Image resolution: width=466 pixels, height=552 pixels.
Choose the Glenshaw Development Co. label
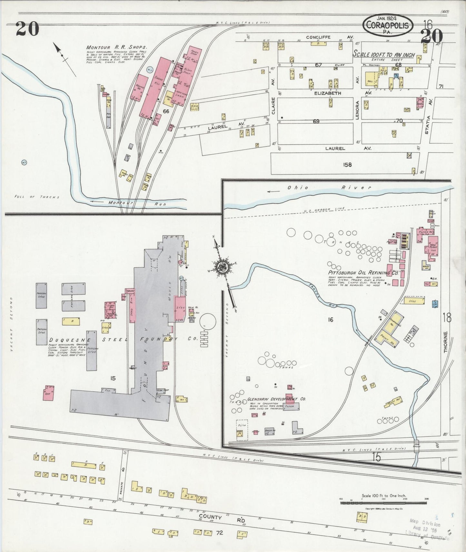276,399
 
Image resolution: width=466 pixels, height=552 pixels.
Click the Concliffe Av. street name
319,37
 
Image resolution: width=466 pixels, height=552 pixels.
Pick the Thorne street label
446,342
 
